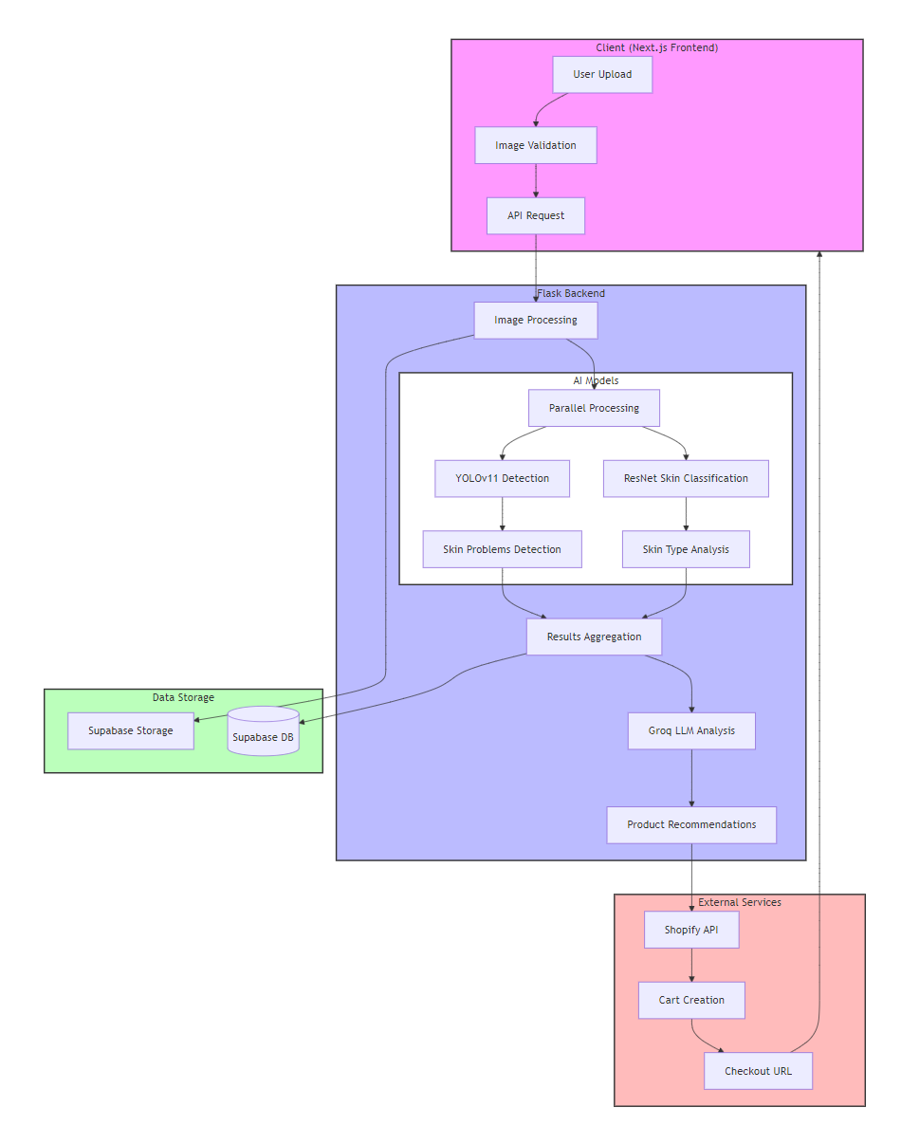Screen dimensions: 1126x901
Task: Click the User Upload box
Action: pos(602,75)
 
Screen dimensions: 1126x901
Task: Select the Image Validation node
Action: pos(536,145)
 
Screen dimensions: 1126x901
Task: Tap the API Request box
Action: pos(536,215)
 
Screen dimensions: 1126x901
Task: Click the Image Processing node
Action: pos(536,320)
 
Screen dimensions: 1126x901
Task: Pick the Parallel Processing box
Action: pos(594,408)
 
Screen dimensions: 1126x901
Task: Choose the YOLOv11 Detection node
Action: pos(502,478)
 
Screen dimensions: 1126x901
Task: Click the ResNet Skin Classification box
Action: pos(686,478)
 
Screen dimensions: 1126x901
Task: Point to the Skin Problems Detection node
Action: pos(502,549)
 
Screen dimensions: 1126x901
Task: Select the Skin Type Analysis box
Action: pos(686,549)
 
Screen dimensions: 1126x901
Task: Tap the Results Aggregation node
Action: pos(594,637)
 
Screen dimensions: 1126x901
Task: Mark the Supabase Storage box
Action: pos(131,730)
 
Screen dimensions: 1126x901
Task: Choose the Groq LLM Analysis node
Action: pos(691,730)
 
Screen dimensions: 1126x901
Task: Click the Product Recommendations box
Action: pos(691,824)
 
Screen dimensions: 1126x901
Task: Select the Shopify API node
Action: pos(691,930)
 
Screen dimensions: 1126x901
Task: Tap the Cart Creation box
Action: pos(691,1000)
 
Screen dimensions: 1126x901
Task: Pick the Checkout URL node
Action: pos(758,1071)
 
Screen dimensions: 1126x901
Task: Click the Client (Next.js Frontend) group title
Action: pos(656,47)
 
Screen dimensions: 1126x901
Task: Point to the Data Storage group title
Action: pos(183,697)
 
